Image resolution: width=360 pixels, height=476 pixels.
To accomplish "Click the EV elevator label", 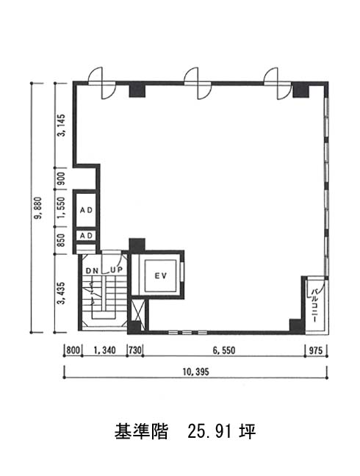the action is coord(161,275).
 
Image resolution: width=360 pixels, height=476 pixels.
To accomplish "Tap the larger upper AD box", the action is coord(86,209).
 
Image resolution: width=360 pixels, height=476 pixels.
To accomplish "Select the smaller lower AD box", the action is coord(86,236).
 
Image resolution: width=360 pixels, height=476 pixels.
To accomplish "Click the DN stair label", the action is coord(92,270).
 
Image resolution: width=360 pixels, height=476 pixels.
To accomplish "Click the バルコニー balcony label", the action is coord(315,306).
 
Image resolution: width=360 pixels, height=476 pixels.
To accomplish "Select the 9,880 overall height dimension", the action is coord(38,208).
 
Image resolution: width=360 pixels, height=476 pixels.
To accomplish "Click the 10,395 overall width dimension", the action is coord(195,372).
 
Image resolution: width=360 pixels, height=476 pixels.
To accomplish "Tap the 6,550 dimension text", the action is coord(224,350).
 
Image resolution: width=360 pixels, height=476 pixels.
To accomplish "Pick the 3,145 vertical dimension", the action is coord(61,125).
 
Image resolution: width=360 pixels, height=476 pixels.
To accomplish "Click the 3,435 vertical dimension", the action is coord(61,293).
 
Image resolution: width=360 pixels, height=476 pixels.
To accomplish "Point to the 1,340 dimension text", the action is coord(105,350).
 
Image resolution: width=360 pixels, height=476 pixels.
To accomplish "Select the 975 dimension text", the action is coord(316,350).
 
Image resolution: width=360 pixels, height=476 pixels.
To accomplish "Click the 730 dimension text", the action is coord(135,350).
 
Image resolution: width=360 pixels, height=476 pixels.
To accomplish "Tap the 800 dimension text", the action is coord(73,350).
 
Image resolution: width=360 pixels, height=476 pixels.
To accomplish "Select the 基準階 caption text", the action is coord(141,431).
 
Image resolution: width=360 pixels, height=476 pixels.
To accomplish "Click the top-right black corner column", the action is coord(300,90).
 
